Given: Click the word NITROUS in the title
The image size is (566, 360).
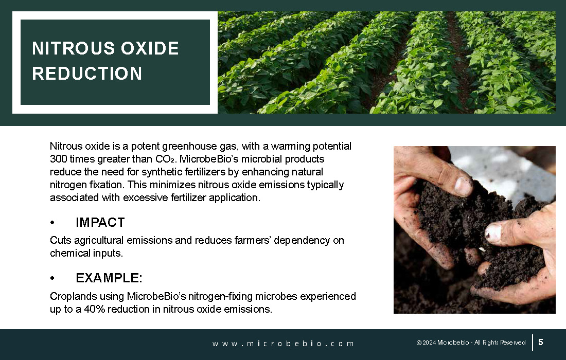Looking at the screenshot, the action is click(x=73, y=48).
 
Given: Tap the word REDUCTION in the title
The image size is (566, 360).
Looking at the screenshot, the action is click(x=87, y=74).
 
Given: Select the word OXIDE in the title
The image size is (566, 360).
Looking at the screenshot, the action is click(x=150, y=48).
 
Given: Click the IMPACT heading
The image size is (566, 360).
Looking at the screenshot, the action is click(x=100, y=223).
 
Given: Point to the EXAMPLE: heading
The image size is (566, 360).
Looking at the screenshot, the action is click(x=109, y=278).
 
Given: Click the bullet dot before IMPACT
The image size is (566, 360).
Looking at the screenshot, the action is click(x=52, y=223).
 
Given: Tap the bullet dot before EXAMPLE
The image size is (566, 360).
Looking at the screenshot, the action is click(x=52, y=278).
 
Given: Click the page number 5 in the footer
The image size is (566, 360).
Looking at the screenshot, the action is click(x=541, y=342).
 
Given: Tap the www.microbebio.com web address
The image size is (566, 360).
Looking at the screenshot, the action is click(x=283, y=344).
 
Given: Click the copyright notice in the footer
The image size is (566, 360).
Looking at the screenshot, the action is click(x=471, y=343).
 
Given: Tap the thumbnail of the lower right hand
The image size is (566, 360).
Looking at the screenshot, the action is click(x=493, y=232).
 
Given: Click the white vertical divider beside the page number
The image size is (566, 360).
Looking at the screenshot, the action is click(x=533, y=343).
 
